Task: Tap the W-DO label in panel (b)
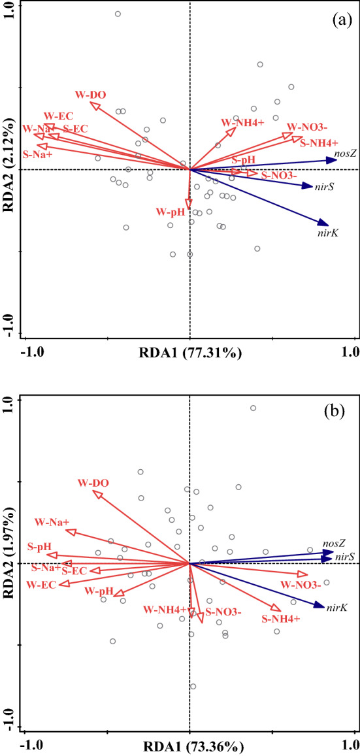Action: pos(93,483)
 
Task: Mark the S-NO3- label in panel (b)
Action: pos(223,612)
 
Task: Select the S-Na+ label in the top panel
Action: pos(37,155)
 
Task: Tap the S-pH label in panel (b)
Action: pos(39,546)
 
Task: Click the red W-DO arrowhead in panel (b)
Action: pos(98,495)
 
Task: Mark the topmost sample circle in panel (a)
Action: pos(118,14)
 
